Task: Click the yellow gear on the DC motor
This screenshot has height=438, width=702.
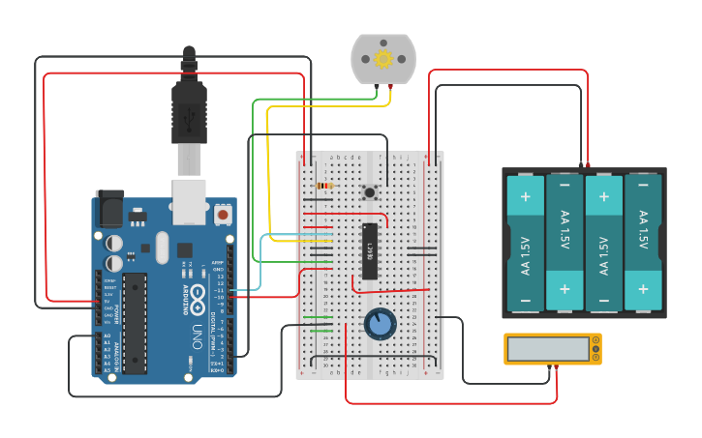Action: click(x=382, y=59)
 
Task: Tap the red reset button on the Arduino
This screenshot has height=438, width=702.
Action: click(x=223, y=214)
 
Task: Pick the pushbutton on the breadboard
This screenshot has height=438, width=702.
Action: click(x=369, y=192)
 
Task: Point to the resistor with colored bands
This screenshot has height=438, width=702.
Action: click(x=323, y=186)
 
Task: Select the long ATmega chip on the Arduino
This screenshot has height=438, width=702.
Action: click(x=135, y=322)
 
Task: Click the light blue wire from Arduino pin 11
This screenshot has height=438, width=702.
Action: click(x=260, y=261)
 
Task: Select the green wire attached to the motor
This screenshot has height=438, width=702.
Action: click(x=254, y=174)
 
